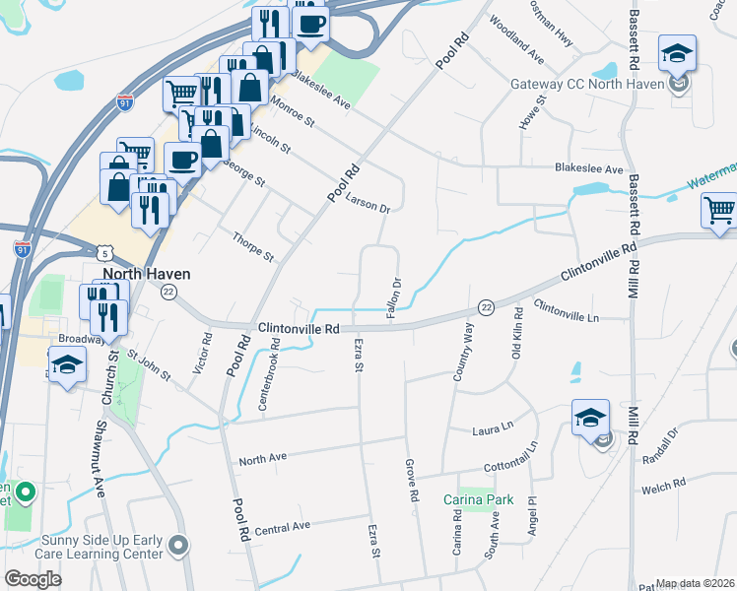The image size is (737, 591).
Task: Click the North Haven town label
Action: coord(147,274)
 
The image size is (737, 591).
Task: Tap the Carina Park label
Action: coord(478,499)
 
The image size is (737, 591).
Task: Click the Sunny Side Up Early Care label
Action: coord(102,547)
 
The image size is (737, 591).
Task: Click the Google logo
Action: coord(33,579)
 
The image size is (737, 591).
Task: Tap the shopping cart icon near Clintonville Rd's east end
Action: coord(719,210)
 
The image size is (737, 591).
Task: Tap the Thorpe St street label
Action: coord(252,246)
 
